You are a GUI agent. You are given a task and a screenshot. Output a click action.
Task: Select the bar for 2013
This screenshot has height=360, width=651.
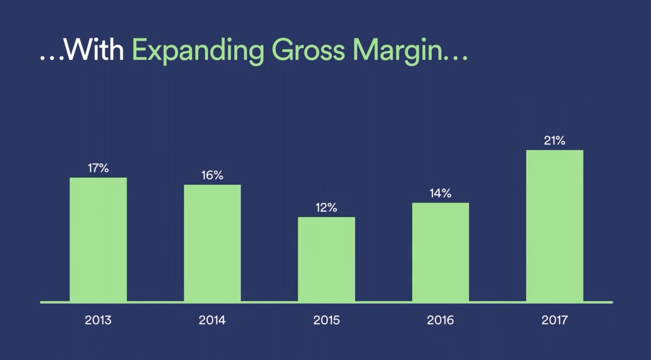pos(98,240)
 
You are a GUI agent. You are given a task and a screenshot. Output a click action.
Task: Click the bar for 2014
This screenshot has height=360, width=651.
pos(212,243)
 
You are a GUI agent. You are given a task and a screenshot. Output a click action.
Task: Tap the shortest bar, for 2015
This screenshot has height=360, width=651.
pos(327,259)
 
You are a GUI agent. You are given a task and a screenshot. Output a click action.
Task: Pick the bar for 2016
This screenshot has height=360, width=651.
pos(440,252)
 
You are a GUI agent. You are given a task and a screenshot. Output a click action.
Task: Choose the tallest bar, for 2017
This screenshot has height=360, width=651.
pos(555,226)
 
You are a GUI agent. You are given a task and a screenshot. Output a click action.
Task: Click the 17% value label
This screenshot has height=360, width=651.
pos(98,168)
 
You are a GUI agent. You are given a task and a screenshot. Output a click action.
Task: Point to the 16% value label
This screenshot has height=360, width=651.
pos(212,175)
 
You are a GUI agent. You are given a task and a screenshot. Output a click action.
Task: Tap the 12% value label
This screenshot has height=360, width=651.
pos(326,208)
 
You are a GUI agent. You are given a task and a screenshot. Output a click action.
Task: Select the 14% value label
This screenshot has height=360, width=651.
pos(440,193)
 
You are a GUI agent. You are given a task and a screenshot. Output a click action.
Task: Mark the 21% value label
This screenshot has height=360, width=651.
pos(554,141)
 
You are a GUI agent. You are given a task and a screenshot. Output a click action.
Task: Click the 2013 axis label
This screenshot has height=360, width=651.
pos(98,320)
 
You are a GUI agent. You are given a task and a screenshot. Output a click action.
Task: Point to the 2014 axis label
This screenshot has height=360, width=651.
pos(212,320)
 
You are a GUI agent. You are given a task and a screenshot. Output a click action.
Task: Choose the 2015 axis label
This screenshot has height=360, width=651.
pos(327,320)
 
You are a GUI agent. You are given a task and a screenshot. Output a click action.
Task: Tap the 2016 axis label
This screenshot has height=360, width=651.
pos(440,320)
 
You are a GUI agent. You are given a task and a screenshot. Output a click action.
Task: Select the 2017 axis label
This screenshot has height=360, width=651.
pos(554,320)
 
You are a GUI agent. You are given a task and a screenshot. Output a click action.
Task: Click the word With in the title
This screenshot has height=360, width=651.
pos(94,50)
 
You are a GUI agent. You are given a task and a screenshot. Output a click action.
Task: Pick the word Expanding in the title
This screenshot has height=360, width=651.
pos(198,51)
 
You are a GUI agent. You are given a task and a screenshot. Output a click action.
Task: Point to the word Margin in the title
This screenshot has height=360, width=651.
pos(398,51)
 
